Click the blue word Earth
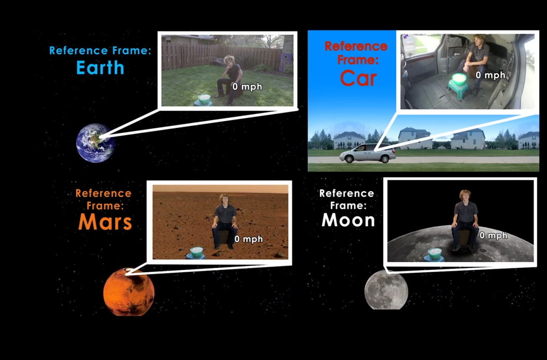(x=100, y=67)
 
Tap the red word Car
(x=358, y=78)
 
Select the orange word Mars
(x=105, y=222)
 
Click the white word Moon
(x=348, y=220)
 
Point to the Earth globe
(x=96, y=143)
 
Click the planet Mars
(x=129, y=292)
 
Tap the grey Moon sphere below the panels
(x=386, y=290)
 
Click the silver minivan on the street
(x=367, y=153)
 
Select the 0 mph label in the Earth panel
(x=247, y=87)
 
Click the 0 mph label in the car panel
(x=490, y=75)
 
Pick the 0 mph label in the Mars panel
(x=249, y=239)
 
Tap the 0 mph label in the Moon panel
(x=493, y=235)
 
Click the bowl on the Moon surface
(x=435, y=252)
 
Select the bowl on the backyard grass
(x=204, y=99)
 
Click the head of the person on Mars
(x=224, y=199)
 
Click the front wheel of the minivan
(x=349, y=159)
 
